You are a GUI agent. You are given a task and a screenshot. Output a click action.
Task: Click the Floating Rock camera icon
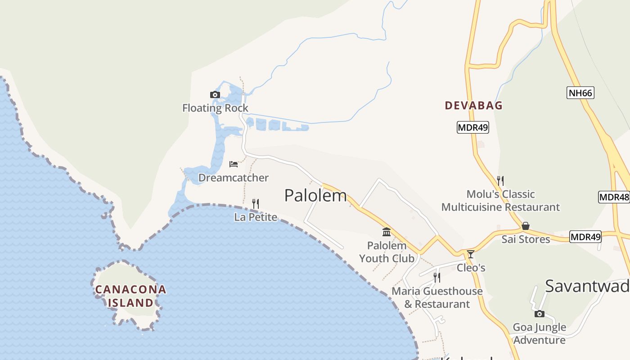(215, 94)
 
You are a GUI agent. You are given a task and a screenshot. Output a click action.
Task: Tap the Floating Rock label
(215, 108)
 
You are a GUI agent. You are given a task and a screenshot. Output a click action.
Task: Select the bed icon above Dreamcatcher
(233, 164)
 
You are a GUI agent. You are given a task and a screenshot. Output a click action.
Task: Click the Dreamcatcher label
(233, 178)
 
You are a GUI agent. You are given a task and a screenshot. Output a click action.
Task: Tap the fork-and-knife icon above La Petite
(255, 204)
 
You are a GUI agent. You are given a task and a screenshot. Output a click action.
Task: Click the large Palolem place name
(315, 195)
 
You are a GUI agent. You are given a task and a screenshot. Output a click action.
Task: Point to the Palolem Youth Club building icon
(386, 232)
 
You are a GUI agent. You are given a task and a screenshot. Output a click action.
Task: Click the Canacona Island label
(130, 296)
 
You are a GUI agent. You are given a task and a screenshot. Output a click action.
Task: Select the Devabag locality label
(473, 105)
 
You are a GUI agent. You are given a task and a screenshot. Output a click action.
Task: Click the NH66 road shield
(580, 93)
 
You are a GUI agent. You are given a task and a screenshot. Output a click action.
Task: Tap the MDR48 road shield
(614, 197)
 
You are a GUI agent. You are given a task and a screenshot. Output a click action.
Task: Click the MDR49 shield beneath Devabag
(472, 127)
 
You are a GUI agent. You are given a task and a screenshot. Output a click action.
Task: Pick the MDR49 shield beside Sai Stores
(585, 237)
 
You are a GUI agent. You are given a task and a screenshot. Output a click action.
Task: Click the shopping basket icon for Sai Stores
(525, 226)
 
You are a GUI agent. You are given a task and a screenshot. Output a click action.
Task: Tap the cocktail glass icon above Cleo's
(470, 254)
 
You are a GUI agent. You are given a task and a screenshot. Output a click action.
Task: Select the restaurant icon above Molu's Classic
(500, 180)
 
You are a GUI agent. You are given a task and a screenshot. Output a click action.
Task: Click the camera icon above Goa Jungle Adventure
(539, 314)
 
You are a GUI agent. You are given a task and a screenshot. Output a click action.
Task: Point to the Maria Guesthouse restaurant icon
(436, 278)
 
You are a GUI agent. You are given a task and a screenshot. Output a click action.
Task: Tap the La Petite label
(255, 217)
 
